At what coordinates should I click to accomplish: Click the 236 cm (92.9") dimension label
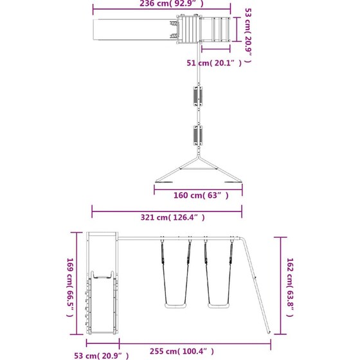(x=172, y=3)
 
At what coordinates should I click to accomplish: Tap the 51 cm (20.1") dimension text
(x=214, y=63)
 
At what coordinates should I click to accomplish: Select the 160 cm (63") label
(x=201, y=195)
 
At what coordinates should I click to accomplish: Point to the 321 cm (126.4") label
(x=172, y=217)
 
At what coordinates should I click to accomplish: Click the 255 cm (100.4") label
(x=181, y=351)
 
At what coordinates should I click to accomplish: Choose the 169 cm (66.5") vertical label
(x=70, y=287)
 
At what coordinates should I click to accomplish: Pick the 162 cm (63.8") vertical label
(x=290, y=287)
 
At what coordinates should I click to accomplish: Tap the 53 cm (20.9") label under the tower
(x=102, y=355)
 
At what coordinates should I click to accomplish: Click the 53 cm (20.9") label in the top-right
(x=248, y=35)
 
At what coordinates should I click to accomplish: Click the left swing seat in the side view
(x=175, y=306)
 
